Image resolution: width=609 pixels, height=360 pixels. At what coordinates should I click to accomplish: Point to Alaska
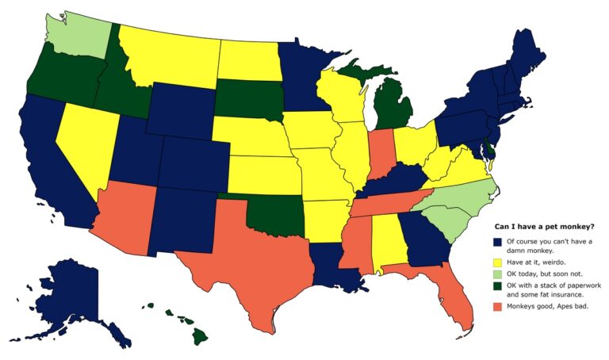point(79,293)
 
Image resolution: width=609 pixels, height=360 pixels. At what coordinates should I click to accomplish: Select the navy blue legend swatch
point(496,241)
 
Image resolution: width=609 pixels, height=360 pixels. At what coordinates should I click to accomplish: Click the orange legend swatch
point(496,305)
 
